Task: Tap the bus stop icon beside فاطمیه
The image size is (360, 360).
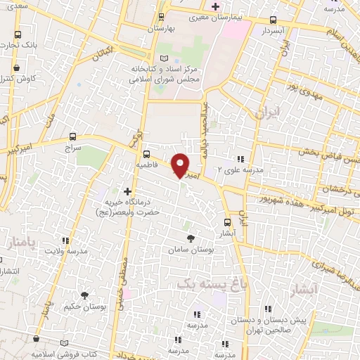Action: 146,154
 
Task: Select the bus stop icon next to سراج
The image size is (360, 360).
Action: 74,137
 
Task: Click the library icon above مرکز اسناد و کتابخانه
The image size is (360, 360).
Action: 164,58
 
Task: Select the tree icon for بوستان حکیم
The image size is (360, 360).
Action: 84,296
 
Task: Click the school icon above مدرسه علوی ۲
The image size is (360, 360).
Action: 241,160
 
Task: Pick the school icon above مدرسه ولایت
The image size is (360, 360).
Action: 67,240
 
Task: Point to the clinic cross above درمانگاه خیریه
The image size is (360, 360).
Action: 127,191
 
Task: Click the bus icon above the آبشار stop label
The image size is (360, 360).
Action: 227,219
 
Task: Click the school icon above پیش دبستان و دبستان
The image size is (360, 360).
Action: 268,308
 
